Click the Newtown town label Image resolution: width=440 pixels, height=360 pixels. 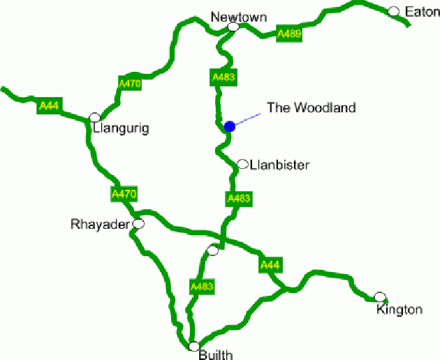coord(240,17)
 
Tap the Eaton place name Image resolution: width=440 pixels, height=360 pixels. coord(422,12)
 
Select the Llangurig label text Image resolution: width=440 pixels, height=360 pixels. coord(121,129)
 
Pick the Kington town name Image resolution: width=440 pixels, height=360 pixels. coord(399,309)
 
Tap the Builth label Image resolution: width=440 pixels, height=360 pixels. coord(215,354)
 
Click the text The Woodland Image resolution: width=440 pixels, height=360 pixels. coord(311,107)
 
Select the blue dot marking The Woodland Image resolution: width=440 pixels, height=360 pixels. coord(230,126)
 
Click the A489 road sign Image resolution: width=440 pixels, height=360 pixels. coord(290,34)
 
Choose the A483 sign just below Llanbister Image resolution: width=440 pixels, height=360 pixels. coord(239,199)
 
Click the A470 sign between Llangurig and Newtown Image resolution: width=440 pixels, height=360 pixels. coord(130,84)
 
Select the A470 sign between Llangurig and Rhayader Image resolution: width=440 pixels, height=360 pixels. coord(124,194)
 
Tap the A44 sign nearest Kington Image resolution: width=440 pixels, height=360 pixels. coord(270,264)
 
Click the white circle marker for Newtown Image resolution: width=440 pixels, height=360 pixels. coord(233,27)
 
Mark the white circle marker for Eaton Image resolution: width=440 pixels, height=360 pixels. coord(394,11)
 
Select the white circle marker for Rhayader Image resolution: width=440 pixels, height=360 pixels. coord(138,224)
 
